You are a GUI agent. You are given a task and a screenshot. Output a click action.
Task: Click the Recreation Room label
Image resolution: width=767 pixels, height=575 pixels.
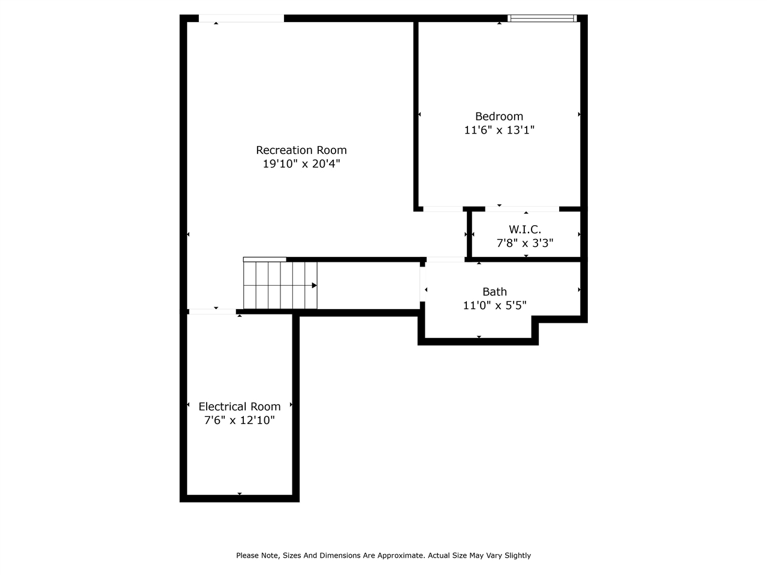click(x=301, y=150)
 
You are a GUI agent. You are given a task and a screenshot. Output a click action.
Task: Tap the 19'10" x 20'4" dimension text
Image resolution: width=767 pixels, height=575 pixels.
click(x=301, y=164)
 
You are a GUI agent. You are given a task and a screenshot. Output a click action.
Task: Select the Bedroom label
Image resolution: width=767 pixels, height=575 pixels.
click(x=499, y=116)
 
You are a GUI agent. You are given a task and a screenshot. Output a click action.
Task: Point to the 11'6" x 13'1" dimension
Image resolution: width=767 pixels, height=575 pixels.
click(x=499, y=130)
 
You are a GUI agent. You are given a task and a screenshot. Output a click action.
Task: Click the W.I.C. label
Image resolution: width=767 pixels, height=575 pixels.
click(x=525, y=229)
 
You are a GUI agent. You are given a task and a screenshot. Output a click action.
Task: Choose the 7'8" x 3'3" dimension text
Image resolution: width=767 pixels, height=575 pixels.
click(x=525, y=243)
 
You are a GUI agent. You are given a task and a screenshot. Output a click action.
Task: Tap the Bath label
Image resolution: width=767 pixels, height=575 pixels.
click(x=495, y=292)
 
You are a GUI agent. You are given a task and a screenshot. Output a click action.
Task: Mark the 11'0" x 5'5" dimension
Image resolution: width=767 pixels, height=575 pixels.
click(x=495, y=305)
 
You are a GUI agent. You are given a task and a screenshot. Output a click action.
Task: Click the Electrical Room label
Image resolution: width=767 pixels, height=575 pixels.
click(x=240, y=407)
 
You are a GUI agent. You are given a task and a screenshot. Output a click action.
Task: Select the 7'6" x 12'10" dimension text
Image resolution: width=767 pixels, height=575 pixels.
click(x=240, y=420)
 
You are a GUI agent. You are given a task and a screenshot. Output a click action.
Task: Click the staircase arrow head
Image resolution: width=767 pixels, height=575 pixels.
click(x=314, y=286)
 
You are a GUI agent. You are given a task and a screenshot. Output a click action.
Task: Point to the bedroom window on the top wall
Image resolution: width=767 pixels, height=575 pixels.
click(x=542, y=19)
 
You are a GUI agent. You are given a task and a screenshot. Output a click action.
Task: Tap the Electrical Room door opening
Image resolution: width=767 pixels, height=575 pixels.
click(x=212, y=311)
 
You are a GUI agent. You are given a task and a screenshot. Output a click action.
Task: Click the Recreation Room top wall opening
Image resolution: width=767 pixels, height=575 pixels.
click(x=241, y=19)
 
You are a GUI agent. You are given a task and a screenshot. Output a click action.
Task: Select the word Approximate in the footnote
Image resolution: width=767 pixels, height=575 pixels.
click(x=398, y=556)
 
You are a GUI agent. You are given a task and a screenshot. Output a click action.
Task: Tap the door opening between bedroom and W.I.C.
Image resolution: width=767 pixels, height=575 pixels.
click(x=522, y=209)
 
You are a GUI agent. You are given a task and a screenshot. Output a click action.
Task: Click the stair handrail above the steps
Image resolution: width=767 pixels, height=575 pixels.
click(x=264, y=259)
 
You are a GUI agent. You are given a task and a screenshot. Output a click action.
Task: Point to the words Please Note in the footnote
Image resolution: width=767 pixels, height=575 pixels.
click(x=258, y=556)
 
